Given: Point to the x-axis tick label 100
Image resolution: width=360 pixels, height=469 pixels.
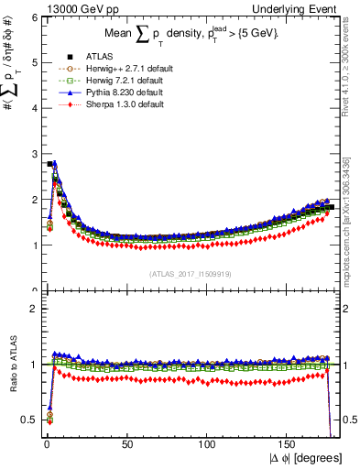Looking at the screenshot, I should [x=208, y=443].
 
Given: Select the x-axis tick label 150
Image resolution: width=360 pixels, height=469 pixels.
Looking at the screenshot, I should [x=289, y=443].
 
